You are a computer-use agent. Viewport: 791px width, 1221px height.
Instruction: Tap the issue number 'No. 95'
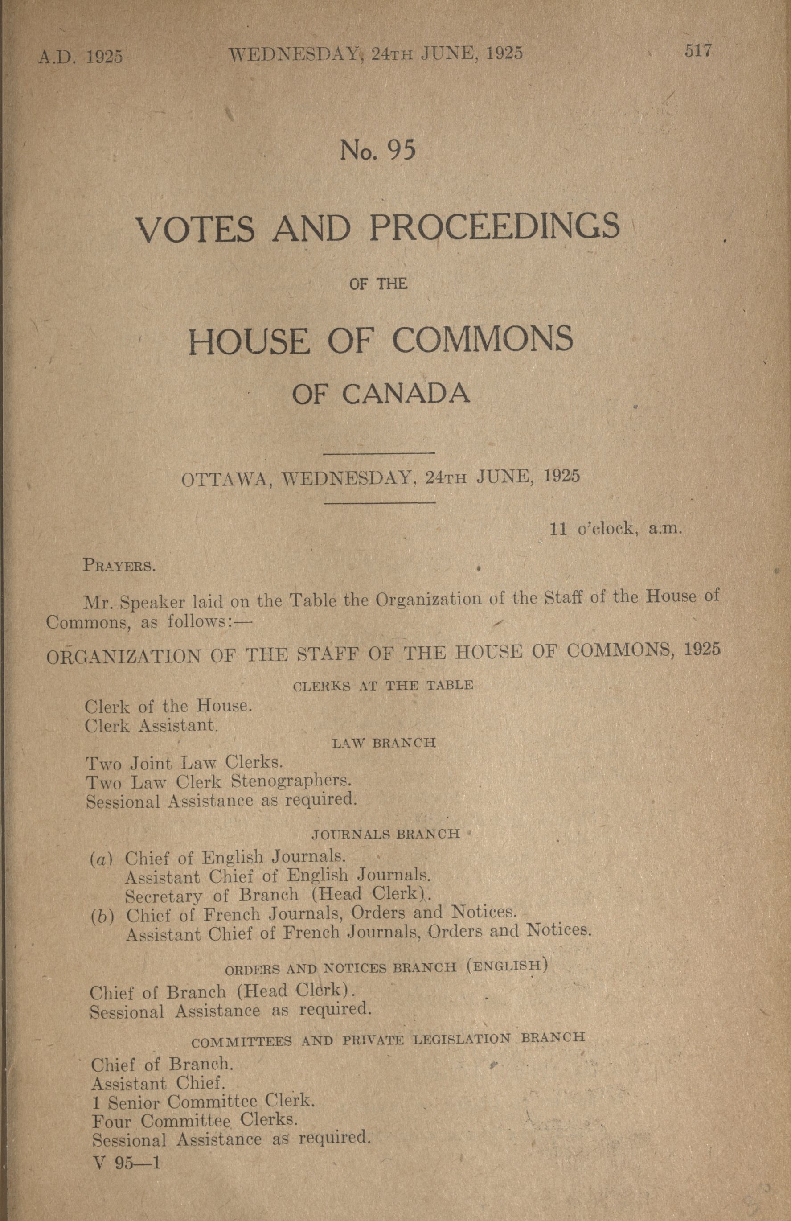coord(377,150)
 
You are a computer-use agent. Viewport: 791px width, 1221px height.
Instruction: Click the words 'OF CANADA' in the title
coord(381,394)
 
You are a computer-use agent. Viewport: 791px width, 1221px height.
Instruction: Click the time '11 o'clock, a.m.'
coord(615,529)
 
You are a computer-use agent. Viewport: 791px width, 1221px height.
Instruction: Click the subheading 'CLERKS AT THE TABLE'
coord(383,685)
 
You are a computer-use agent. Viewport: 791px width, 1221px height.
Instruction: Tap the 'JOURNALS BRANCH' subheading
coord(386,834)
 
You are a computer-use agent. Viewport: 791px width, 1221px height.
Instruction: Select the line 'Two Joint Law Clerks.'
coord(184,763)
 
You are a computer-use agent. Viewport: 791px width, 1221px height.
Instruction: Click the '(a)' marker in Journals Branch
coord(101,859)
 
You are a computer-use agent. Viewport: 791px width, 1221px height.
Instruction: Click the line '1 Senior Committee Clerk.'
coord(203,1101)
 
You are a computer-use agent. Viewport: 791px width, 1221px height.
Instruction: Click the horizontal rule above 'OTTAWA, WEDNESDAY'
coord(380,453)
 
